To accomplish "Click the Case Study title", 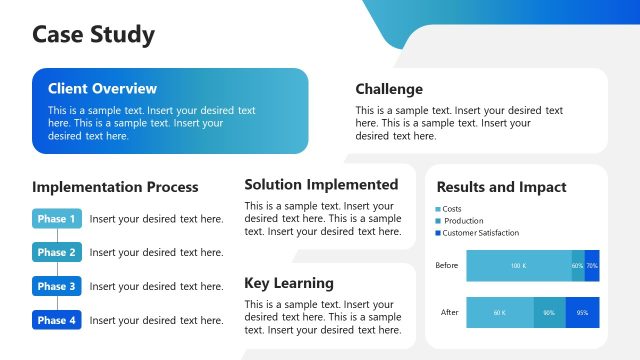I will click(x=93, y=35).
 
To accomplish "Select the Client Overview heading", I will click(x=102, y=89).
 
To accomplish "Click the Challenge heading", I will click(x=389, y=89).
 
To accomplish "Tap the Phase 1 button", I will click(x=57, y=219).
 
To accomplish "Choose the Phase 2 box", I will click(x=57, y=253).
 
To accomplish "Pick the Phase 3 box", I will click(x=57, y=287).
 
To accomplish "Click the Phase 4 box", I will click(x=57, y=321).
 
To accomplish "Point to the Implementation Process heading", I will click(x=115, y=187).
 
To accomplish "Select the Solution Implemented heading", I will click(x=321, y=184).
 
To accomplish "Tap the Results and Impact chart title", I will click(x=501, y=187).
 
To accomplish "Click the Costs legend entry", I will click(x=451, y=209).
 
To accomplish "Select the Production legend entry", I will click(x=462, y=221).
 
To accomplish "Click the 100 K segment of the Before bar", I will click(x=518, y=266).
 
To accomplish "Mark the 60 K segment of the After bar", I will click(x=500, y=312).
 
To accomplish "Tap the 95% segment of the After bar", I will click(x=583, y=312).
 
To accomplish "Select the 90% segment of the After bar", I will click(x=549, y=312).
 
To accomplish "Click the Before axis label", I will click(x=447, y=266).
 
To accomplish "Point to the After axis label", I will click(x=449, y=312).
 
